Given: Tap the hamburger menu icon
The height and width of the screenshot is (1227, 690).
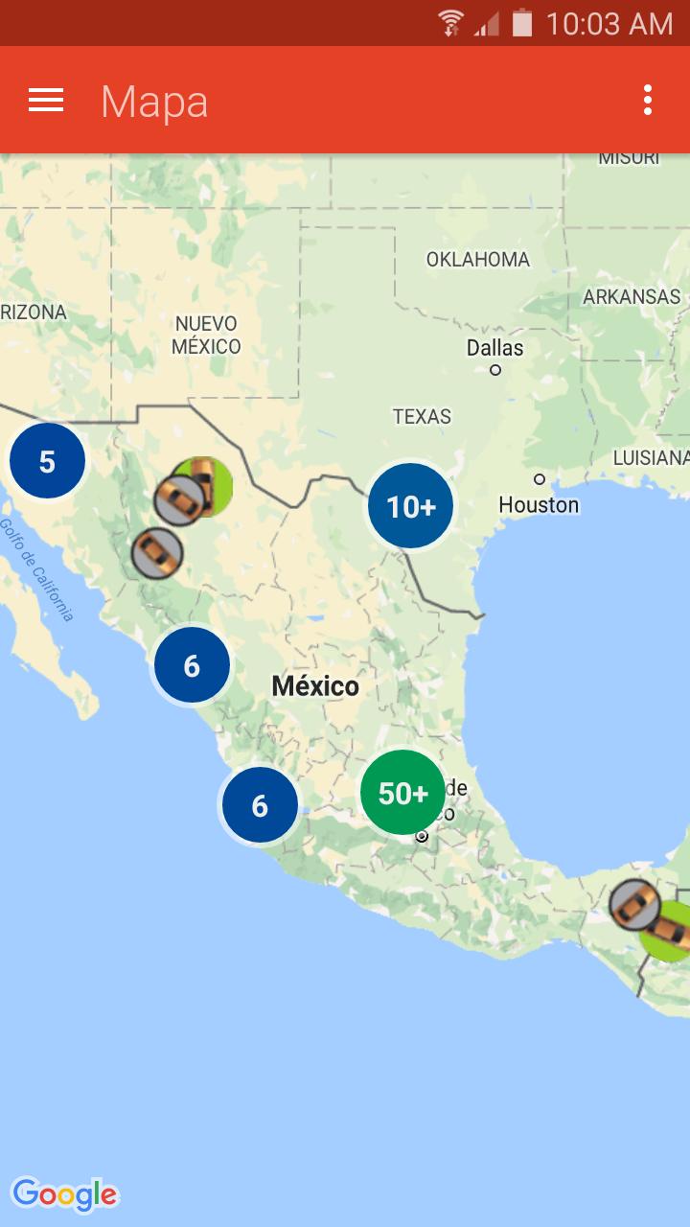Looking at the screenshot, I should (x=46, y=101).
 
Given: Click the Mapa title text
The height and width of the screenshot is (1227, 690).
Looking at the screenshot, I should (x=154, y=102).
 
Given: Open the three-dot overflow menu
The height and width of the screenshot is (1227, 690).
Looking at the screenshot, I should (x=648, y=101).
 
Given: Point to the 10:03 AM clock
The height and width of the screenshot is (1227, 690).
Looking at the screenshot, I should (x=609, y=23).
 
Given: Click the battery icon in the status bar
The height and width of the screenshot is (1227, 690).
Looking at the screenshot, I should (x=521, y=23).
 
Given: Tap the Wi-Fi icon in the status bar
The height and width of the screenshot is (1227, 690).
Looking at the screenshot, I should (x=449, y=23).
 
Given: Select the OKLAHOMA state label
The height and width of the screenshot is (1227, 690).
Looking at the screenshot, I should (x=477, y=260).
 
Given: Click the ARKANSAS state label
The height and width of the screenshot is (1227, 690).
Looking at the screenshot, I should (x=632, y=297).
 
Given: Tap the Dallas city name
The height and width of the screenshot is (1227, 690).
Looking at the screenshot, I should (x=494, y=347).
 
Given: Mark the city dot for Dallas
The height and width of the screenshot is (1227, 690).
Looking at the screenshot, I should (x=495, y=370).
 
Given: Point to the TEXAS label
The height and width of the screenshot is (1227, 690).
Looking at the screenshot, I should (x=422, y=417).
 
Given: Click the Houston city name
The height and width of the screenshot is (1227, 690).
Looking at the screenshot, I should (x=539, y=505).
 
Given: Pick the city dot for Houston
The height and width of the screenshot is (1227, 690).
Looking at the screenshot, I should (x=540, y=479).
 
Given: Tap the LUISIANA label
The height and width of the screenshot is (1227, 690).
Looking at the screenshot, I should (x=651, y=458).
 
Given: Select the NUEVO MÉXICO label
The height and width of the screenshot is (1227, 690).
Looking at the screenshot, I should (x=206, y=335).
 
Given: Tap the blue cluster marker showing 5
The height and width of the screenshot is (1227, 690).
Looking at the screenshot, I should (x=47, y=462).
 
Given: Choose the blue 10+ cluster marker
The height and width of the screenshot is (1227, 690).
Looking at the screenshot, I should (x=410, y=506).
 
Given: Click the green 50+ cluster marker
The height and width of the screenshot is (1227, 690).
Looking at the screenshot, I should (x=402, y=793).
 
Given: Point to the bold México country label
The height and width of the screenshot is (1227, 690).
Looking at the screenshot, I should (x=315, y=686).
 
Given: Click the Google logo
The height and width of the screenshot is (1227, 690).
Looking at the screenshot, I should (x=65, y=1194).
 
